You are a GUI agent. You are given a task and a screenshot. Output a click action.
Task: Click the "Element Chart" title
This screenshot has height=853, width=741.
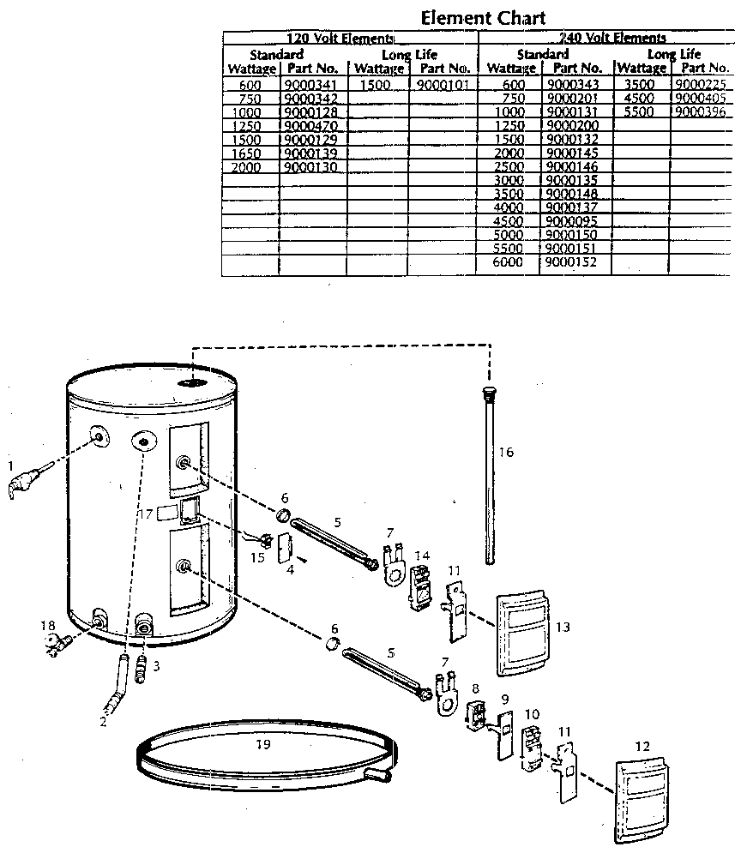click(483, 17)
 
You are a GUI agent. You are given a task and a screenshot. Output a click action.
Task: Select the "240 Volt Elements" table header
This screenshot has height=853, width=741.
click(611, 38)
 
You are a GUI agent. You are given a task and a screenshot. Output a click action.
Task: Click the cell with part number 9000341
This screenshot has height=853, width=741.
click(312, 85)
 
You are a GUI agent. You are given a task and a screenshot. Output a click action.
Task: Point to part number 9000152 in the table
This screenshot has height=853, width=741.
click(574, 262)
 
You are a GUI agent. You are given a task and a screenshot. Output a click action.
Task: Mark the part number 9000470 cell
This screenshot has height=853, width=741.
click(312, 125)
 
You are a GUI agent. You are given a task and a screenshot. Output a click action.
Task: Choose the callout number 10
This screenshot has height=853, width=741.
click(532, 713)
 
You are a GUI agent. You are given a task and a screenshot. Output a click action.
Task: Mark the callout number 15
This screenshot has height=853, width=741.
click(256, 558)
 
